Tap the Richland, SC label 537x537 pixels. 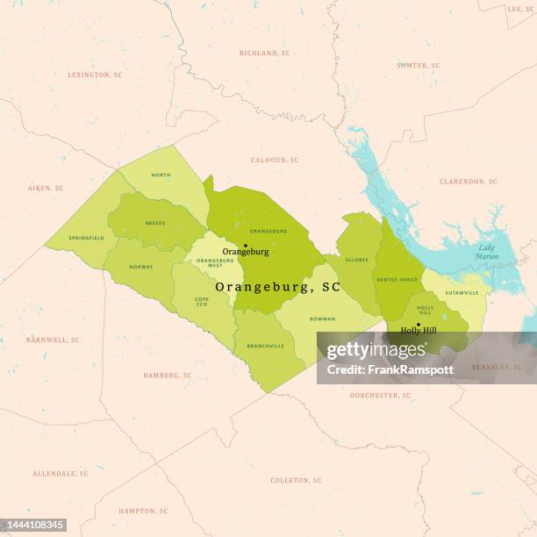click(x=264, y=54)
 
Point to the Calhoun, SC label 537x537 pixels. click(x=275, y=160)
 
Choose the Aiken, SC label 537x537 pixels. click(x=46, y=188)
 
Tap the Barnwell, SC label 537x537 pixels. click(x=53, y=340)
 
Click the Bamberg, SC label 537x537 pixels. click(x=167, y=376)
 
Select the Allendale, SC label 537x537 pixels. click(x=61, y=474)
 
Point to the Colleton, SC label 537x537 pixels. click(x=296, y=481)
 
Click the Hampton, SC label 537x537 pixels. click(x=143, y=511)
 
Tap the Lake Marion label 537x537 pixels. click(x=487, y=253)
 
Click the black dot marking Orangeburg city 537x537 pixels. click(x=246, y=246)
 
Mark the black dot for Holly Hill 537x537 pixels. click(x=418, y=325)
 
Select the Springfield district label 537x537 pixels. click(x=87, y=238)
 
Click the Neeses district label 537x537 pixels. click(x=154, y=223)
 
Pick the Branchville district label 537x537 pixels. click(x=265, y=346)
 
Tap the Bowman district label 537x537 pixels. click(x=323, y=319)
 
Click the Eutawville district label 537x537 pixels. click(x=462, y=292)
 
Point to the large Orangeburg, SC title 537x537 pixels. click(x=277, y=287)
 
